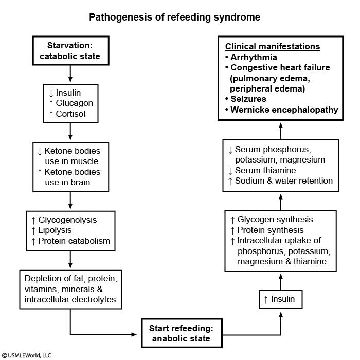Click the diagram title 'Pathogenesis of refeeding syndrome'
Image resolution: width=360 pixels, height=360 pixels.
[174, 17]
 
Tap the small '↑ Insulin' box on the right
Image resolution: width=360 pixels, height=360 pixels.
[280, 299]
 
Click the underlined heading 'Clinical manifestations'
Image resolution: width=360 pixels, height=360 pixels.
[273, 47]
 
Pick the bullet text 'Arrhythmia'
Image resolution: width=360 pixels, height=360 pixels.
[254, 57]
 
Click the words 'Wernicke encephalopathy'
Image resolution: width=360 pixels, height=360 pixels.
[284, 110]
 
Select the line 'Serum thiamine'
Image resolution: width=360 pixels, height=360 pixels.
[265, 170]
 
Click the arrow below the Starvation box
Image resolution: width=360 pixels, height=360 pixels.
[70, 74]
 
